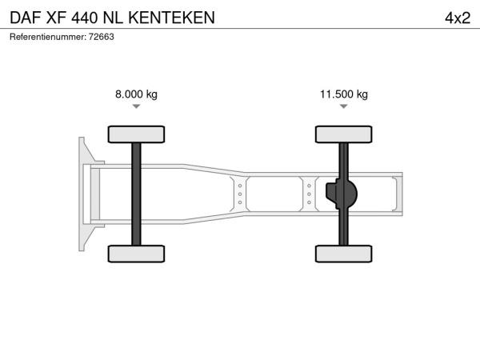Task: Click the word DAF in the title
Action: point(26,18)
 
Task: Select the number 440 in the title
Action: point(85,18)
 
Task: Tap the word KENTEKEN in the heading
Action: point(172,18)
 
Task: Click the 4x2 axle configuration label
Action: point(458,18)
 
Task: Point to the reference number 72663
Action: point(102,37)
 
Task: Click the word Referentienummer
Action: point(48,37)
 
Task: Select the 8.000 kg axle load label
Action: point(136,94)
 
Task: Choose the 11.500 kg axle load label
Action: point(344,94)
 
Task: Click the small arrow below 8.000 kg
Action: point(136,106)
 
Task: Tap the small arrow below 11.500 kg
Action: point(344,106)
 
